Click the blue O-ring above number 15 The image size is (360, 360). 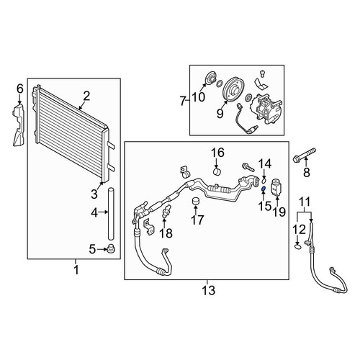click(263, 189)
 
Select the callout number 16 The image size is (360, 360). click(217, 153)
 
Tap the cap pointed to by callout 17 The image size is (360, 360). click(197, 202)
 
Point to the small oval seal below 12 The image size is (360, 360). click(297, 246)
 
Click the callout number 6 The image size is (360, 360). click(20, 89)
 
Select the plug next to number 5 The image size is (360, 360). click(111, 249)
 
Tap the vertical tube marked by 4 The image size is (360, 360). click(111, 214)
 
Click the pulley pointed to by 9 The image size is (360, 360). click(233, 90)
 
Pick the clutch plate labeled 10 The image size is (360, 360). click(210, 79)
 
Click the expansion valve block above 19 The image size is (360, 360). click(276, 187)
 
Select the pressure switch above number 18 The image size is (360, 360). click(167, 211)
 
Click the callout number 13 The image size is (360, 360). click(208, 290)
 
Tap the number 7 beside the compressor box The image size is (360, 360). click(183, 101)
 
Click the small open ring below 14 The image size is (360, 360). click(264, 179)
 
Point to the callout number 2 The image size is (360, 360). click(86, 96)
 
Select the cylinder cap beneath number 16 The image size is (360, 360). click(217, 172)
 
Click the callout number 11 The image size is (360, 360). click(305, 202)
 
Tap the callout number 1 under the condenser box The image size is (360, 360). click(76, 270)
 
